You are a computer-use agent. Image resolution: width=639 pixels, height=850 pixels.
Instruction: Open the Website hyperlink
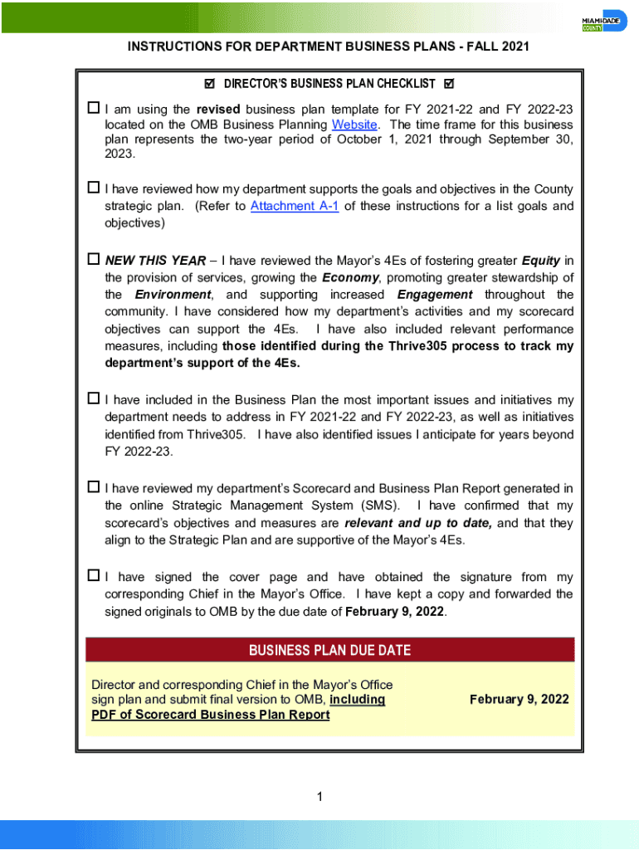pos(355,125)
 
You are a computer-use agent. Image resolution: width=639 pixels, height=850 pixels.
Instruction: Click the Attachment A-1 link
pos(295,206)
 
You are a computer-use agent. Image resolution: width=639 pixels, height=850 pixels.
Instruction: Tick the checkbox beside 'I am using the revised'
pos(94,109)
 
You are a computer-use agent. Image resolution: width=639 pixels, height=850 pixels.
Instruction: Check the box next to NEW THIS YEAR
pos(94,260)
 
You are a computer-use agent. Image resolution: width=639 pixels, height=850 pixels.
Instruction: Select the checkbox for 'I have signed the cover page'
pos(94,575)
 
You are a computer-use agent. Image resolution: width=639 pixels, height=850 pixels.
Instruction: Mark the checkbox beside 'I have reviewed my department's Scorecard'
pos(94,487)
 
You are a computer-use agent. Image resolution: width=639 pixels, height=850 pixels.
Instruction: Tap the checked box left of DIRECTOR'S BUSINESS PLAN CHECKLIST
pos(209,84)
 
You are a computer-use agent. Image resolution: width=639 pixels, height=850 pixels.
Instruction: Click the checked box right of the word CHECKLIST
pos(450,84)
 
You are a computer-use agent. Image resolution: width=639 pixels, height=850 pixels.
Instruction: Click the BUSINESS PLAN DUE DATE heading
pos(329,650)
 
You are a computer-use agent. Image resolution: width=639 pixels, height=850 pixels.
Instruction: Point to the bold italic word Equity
pos(541,261)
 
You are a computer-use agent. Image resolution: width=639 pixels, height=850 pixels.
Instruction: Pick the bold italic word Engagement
pos(435,295)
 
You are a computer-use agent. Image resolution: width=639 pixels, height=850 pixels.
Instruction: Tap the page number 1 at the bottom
pos(319,798)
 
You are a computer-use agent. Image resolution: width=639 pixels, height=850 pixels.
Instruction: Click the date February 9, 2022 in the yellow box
pos(519,699)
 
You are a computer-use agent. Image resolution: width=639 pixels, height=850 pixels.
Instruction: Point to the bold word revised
pos(218,109)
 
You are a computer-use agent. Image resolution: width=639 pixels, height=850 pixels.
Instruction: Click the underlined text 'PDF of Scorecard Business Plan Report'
pos(210,715)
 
